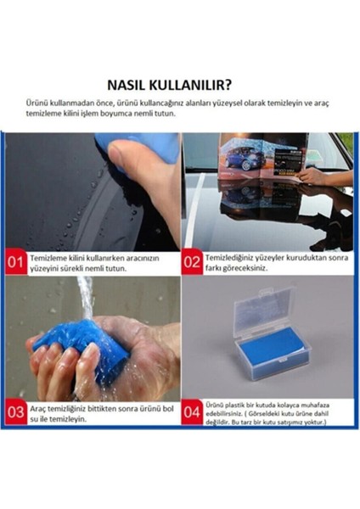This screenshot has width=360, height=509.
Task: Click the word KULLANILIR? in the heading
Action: [196, 85]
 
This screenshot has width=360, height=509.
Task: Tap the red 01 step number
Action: [15, 262]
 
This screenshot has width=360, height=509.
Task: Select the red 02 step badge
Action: [192, 262]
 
